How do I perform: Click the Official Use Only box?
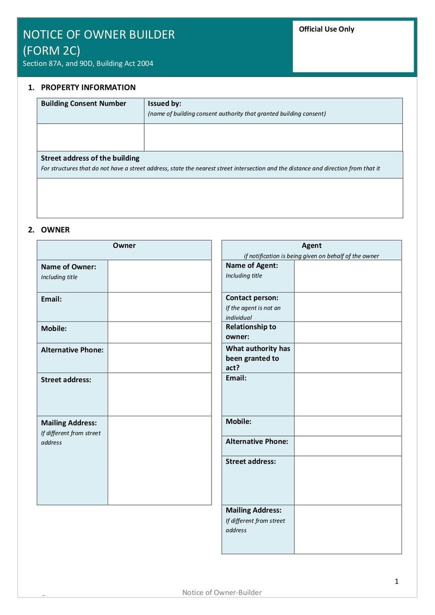tap(353, 46)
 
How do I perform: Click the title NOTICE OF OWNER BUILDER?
tap(98, 34)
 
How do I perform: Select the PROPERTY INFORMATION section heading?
tap(88, 87)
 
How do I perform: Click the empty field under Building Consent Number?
tap(90, 137)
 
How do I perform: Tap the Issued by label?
tap(164, 103)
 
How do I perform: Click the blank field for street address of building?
tap(220, 198)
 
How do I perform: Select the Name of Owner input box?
tap(159, 276)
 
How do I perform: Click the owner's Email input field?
tap(159, 307)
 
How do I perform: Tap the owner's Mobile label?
tap(54, 329)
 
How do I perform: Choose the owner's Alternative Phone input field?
tap(159, 358)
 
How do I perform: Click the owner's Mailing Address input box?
tap(159, 460)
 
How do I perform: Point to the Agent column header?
tap(312, 245)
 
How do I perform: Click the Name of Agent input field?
tap(347, 276)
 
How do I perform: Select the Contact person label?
tap(252, 298)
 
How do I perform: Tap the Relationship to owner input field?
tap(347, 332)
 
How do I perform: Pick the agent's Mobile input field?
tap(347, 426)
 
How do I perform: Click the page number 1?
tap(396, 581)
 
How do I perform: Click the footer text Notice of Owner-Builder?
tap(222, 592)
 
